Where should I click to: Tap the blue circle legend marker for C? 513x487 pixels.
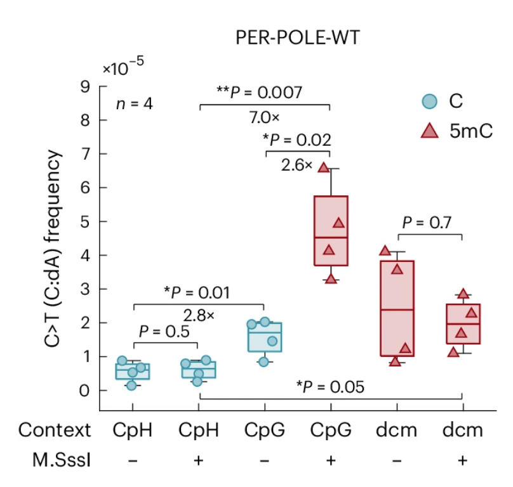tap(430, 101)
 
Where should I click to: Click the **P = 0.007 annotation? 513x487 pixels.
tap(265, 93)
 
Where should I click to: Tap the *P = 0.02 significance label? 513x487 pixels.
tap(296, 140)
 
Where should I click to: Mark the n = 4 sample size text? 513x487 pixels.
tap(134, 103)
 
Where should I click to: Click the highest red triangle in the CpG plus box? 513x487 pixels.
tap(323, 167)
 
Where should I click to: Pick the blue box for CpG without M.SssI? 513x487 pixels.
tap(265, 336)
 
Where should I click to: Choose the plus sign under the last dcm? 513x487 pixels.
tap(463, 459)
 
